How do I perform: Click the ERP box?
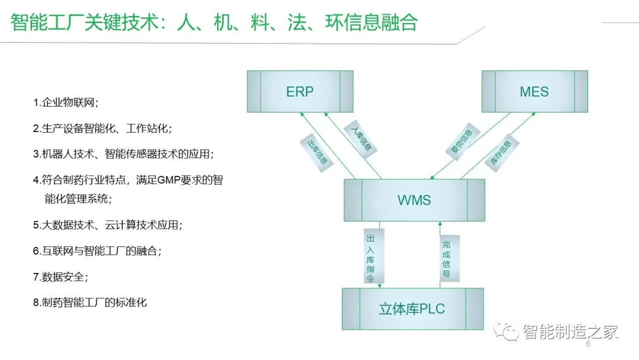(x=300, y=92)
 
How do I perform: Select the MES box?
(x=534, y=92)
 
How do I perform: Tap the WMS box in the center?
(x=414, y=200)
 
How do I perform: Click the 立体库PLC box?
(x=412, y=308)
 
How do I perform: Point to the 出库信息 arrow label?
(x=315, y=153)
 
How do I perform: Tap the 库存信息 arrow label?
(x=501, y=153)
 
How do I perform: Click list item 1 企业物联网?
(x=66, y=102)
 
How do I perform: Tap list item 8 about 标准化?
(x=90, y=303)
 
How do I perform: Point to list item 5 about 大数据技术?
(x=107, y=225)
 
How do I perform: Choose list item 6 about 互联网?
(x=96, y=251)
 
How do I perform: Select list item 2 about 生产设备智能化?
(x=102, y=128)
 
